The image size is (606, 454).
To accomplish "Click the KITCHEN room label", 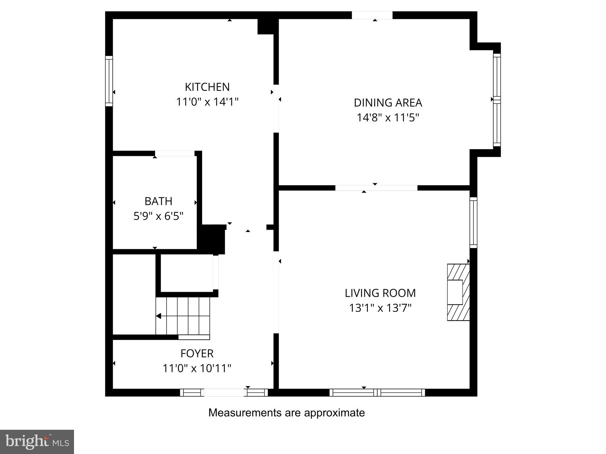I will tap(207, 87).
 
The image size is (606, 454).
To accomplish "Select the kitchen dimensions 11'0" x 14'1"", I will tap(207, 102).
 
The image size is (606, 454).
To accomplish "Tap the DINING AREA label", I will tap(388, 103).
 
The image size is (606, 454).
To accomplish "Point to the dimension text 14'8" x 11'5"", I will tap(388, 118).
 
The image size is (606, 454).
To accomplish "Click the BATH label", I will tap(158, 201).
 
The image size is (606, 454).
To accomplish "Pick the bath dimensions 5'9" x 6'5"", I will tap(158, 216).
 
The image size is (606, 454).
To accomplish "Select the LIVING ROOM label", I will tap(380, 293).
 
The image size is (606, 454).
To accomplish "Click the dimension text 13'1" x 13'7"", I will tap(380, 308).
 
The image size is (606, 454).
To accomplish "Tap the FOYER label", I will tap(197, 353).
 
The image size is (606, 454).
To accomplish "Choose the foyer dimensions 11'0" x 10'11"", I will tap(197, 368).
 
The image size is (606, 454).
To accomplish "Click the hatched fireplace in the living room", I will tap(458, 292).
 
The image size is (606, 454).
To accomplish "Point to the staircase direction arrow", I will tap(159, 316).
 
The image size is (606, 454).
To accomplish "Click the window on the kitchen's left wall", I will tap(109, 81).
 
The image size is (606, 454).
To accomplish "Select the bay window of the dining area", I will tap(497, 100).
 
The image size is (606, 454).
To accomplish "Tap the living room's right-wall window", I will tap(473, 223).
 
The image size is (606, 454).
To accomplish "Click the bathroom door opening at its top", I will tap(175, 153).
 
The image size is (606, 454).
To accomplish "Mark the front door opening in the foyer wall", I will tap(224, 393).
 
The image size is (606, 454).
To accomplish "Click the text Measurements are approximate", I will tap(286, 413).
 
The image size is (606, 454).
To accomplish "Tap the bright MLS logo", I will tap(37, 442).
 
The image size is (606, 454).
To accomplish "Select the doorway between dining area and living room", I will tap(376, 188).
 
